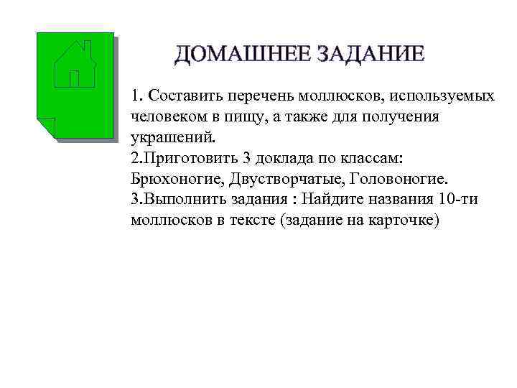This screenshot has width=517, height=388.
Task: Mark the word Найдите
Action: [x=335, y=198]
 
